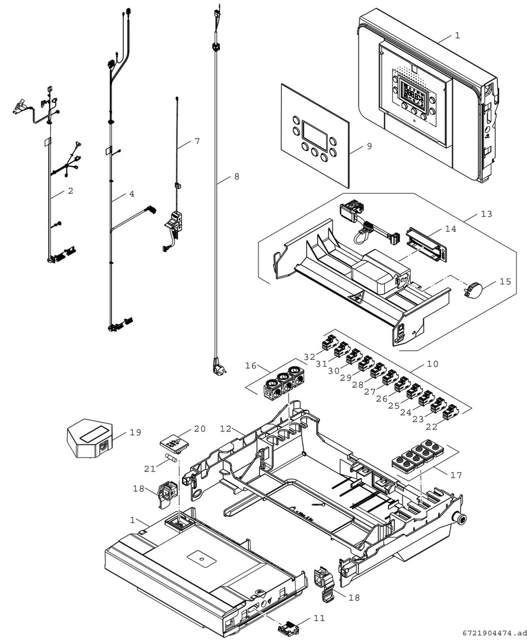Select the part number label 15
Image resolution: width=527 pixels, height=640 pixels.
tap(504, 282)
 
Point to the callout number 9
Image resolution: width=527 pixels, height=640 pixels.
tap(369, 146)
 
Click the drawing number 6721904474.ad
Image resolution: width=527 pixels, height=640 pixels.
tap(491, 632)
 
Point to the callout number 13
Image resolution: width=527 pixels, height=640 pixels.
tap(486, 213)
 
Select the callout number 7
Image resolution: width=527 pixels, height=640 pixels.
tap(197, 141)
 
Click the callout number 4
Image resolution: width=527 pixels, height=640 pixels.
tap(132, 193)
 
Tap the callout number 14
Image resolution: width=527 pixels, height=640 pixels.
tap(451, 228)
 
